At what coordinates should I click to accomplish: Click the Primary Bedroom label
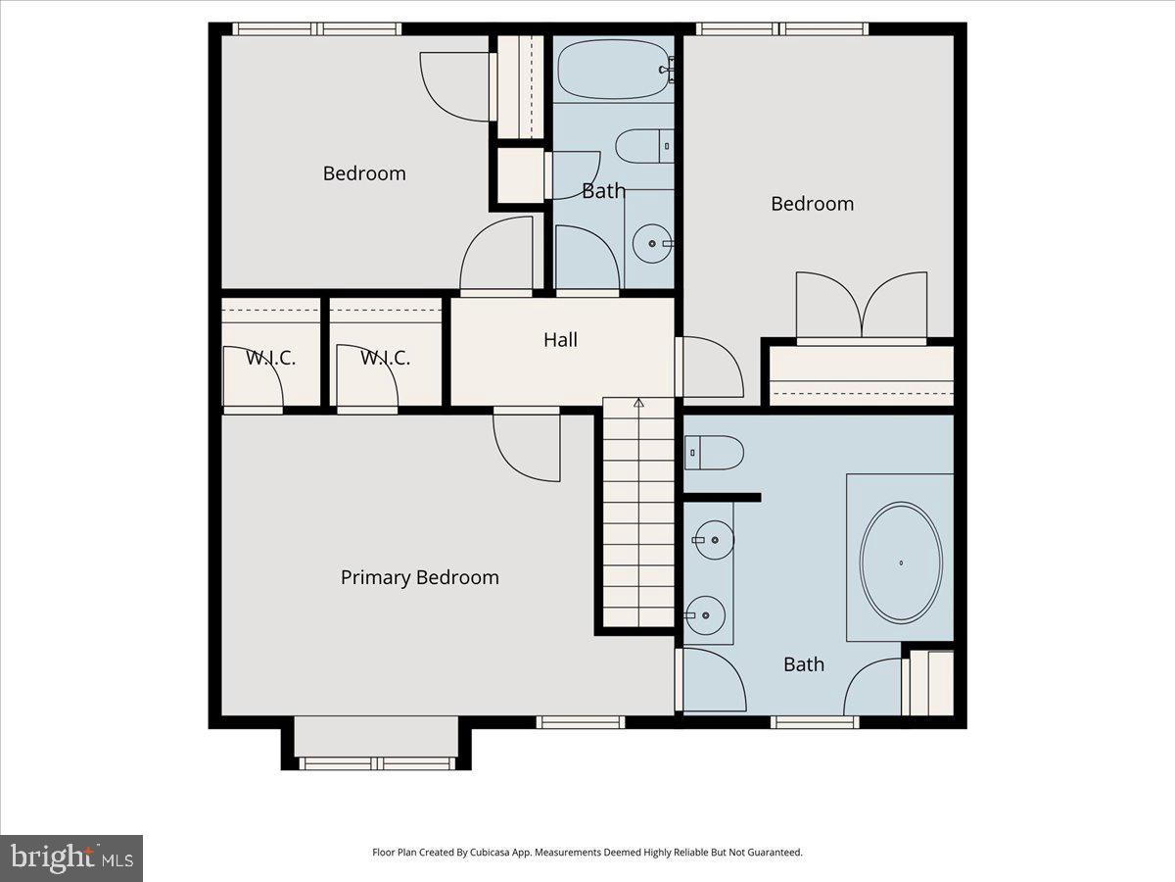click(419, 577)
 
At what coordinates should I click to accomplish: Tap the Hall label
click(560, 340)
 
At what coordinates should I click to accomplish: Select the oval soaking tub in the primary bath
click(901, 562)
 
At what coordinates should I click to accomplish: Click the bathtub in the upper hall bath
click(612, 69)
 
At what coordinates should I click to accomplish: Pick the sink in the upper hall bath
click(651, 243)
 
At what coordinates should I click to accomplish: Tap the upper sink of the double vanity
click(712, 539)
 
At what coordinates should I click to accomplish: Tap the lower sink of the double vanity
click(707, 615)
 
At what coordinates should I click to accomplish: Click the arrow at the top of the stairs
click(638, 402)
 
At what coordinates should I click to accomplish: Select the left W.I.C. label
click(270, 358)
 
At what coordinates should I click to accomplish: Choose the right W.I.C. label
click(385, 358)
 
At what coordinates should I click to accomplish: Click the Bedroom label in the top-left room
click(364, 173)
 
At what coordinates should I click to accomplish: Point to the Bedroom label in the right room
click(812, 204)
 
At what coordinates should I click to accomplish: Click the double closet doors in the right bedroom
click(861, 307)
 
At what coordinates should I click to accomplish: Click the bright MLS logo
click(71, 857)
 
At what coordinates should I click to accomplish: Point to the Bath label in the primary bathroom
click(803, 664)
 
